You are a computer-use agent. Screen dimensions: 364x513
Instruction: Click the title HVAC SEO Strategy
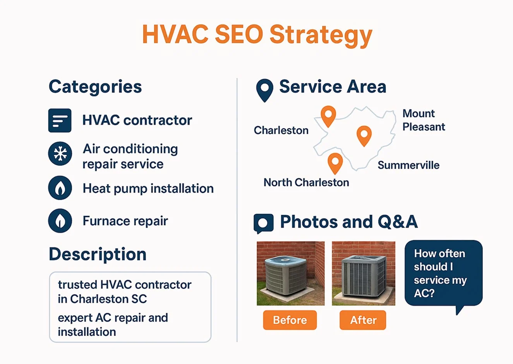257,35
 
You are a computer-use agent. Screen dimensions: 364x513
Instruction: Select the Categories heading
95,86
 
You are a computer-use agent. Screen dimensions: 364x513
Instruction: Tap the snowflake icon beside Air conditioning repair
60,154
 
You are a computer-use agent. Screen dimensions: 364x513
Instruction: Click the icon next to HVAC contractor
60,121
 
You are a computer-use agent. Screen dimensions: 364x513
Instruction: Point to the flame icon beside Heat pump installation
60,188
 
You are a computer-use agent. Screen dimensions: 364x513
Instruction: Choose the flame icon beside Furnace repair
60,221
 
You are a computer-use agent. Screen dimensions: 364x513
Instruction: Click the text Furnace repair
125,221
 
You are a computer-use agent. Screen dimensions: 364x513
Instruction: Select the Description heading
98,254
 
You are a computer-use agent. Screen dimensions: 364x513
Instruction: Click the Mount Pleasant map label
424,120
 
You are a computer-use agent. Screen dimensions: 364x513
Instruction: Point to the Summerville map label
408,165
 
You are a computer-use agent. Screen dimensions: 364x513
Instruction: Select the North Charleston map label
306,182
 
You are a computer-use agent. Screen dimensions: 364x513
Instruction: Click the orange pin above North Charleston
335,162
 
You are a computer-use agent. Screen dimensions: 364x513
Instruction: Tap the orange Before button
290,320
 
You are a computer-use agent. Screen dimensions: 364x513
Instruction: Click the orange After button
363,320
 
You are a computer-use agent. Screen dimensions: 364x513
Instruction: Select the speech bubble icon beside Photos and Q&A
263,223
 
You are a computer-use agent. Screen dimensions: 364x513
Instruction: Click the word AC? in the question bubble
424,293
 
